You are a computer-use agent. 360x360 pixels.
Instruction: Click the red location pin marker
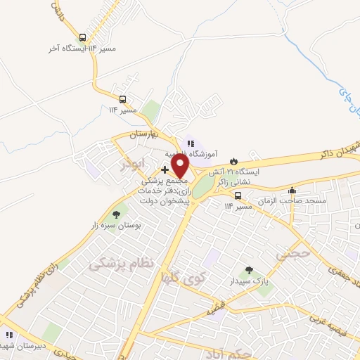pyautogui.click(x=179, y=166)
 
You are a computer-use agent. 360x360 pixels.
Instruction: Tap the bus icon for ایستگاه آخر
pyautogui.click(x=84, y=38)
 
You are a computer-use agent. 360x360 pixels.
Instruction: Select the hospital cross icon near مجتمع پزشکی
pyautogui.click(x=165, y=169)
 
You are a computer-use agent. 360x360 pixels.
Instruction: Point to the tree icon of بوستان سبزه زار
pyautogui.click(x=116, y=214)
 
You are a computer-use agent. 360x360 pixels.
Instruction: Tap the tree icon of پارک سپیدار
pyautogui.click(x=247, y=269)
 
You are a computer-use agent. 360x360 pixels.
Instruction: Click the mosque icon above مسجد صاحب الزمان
pyautogui.click(x=292, y=191)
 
